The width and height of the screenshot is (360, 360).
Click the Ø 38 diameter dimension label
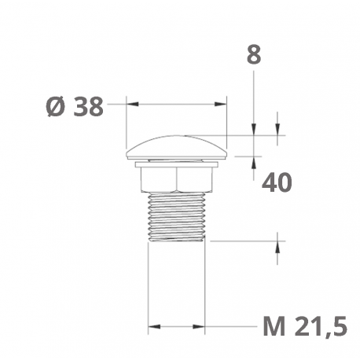tap(75, 107)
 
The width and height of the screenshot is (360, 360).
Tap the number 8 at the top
tap(253, 56)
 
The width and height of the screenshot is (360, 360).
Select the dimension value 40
tap(276, 182)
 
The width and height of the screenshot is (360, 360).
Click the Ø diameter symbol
tap(55, 107)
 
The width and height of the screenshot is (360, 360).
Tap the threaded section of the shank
tap(176, 215)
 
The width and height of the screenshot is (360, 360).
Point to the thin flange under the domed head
tap(176, 163)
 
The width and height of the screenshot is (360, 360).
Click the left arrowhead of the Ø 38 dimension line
tap(130, 103)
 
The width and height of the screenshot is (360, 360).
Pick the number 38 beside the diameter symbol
tap(88, 107)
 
